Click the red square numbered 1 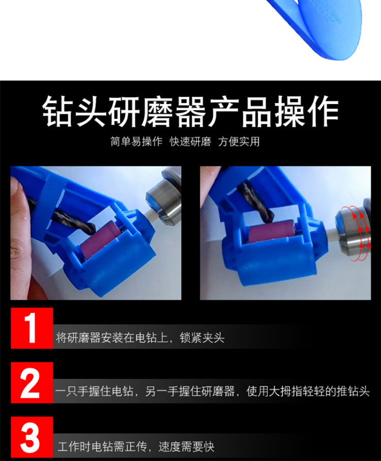(x=32, y=328)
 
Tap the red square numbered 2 (x=32, y=382)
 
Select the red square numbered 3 (x=32, y=437)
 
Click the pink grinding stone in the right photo (x=272, y=234)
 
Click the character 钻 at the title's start (x=58, y=111)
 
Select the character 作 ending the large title (x=323, y=111)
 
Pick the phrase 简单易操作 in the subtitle (x=136, y=141)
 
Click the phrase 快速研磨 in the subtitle (x=190, y=141)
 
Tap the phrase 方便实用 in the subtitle (x=239, y=141)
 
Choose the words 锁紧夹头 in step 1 (x=202, y=338)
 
